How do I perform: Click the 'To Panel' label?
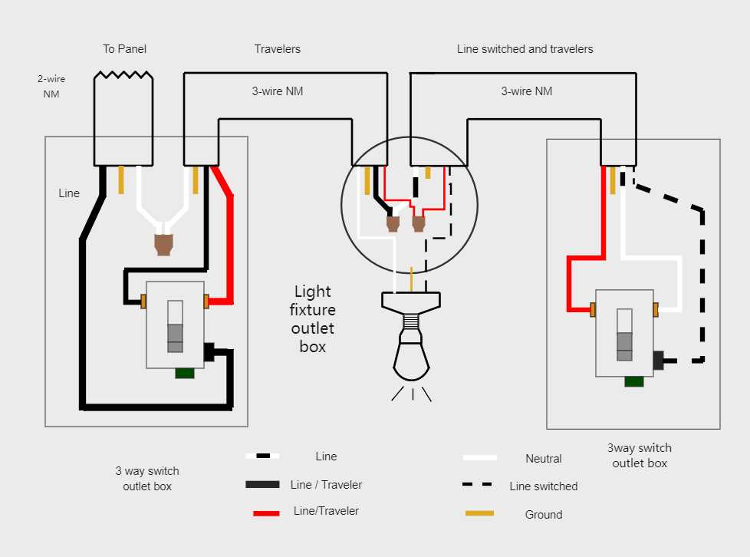(124, 49)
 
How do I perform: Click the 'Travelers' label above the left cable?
(277, 49)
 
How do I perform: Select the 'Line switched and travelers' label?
(525, 49)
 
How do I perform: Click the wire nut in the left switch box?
(163, 243)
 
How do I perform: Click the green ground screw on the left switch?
(184, 374)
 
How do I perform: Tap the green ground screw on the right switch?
(633, 381)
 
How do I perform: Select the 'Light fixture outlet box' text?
(313, 319)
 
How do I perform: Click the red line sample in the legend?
(266, 513)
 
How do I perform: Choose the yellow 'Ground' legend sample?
(479, 513)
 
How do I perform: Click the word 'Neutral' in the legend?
(543, 459)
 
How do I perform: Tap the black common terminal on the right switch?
(658, 360)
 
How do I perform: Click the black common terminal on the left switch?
(209, 352)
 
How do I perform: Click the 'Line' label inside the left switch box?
(69, 193)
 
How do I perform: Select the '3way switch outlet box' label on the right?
(640, 456)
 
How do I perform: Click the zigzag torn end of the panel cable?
(123, 76)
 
